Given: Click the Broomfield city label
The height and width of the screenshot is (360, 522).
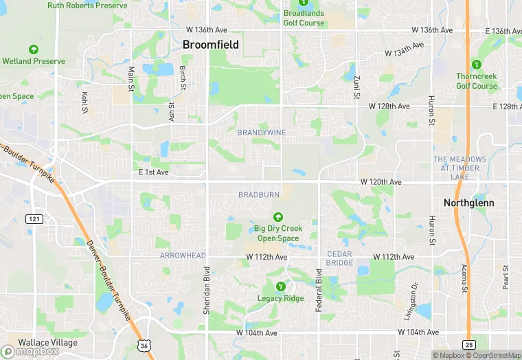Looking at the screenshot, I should (211, 45).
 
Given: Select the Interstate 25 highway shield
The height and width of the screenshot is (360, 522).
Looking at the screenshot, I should (468, 343).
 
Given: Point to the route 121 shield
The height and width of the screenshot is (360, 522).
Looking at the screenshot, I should (34, 218).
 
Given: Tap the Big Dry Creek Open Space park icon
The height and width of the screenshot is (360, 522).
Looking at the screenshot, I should (278, 216).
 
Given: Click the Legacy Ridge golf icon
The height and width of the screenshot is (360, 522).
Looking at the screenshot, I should (280, 286).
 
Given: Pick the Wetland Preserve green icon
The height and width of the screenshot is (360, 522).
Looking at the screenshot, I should (34, 49).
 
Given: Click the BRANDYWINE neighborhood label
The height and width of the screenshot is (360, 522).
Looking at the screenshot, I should (261, 132).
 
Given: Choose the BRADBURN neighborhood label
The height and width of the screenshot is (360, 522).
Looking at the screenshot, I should (259, 195).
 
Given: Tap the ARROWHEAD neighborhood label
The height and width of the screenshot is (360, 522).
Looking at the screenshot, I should (183, 256).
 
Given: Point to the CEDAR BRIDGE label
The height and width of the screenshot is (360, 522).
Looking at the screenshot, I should (339, 258).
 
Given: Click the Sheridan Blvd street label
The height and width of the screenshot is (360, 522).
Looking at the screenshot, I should (206, 291).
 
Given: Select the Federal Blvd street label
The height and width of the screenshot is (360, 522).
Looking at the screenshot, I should (319, 289).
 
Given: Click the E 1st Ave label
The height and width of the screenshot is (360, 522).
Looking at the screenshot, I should (152, 172).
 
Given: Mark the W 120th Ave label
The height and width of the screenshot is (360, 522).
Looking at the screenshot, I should (381, 182).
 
